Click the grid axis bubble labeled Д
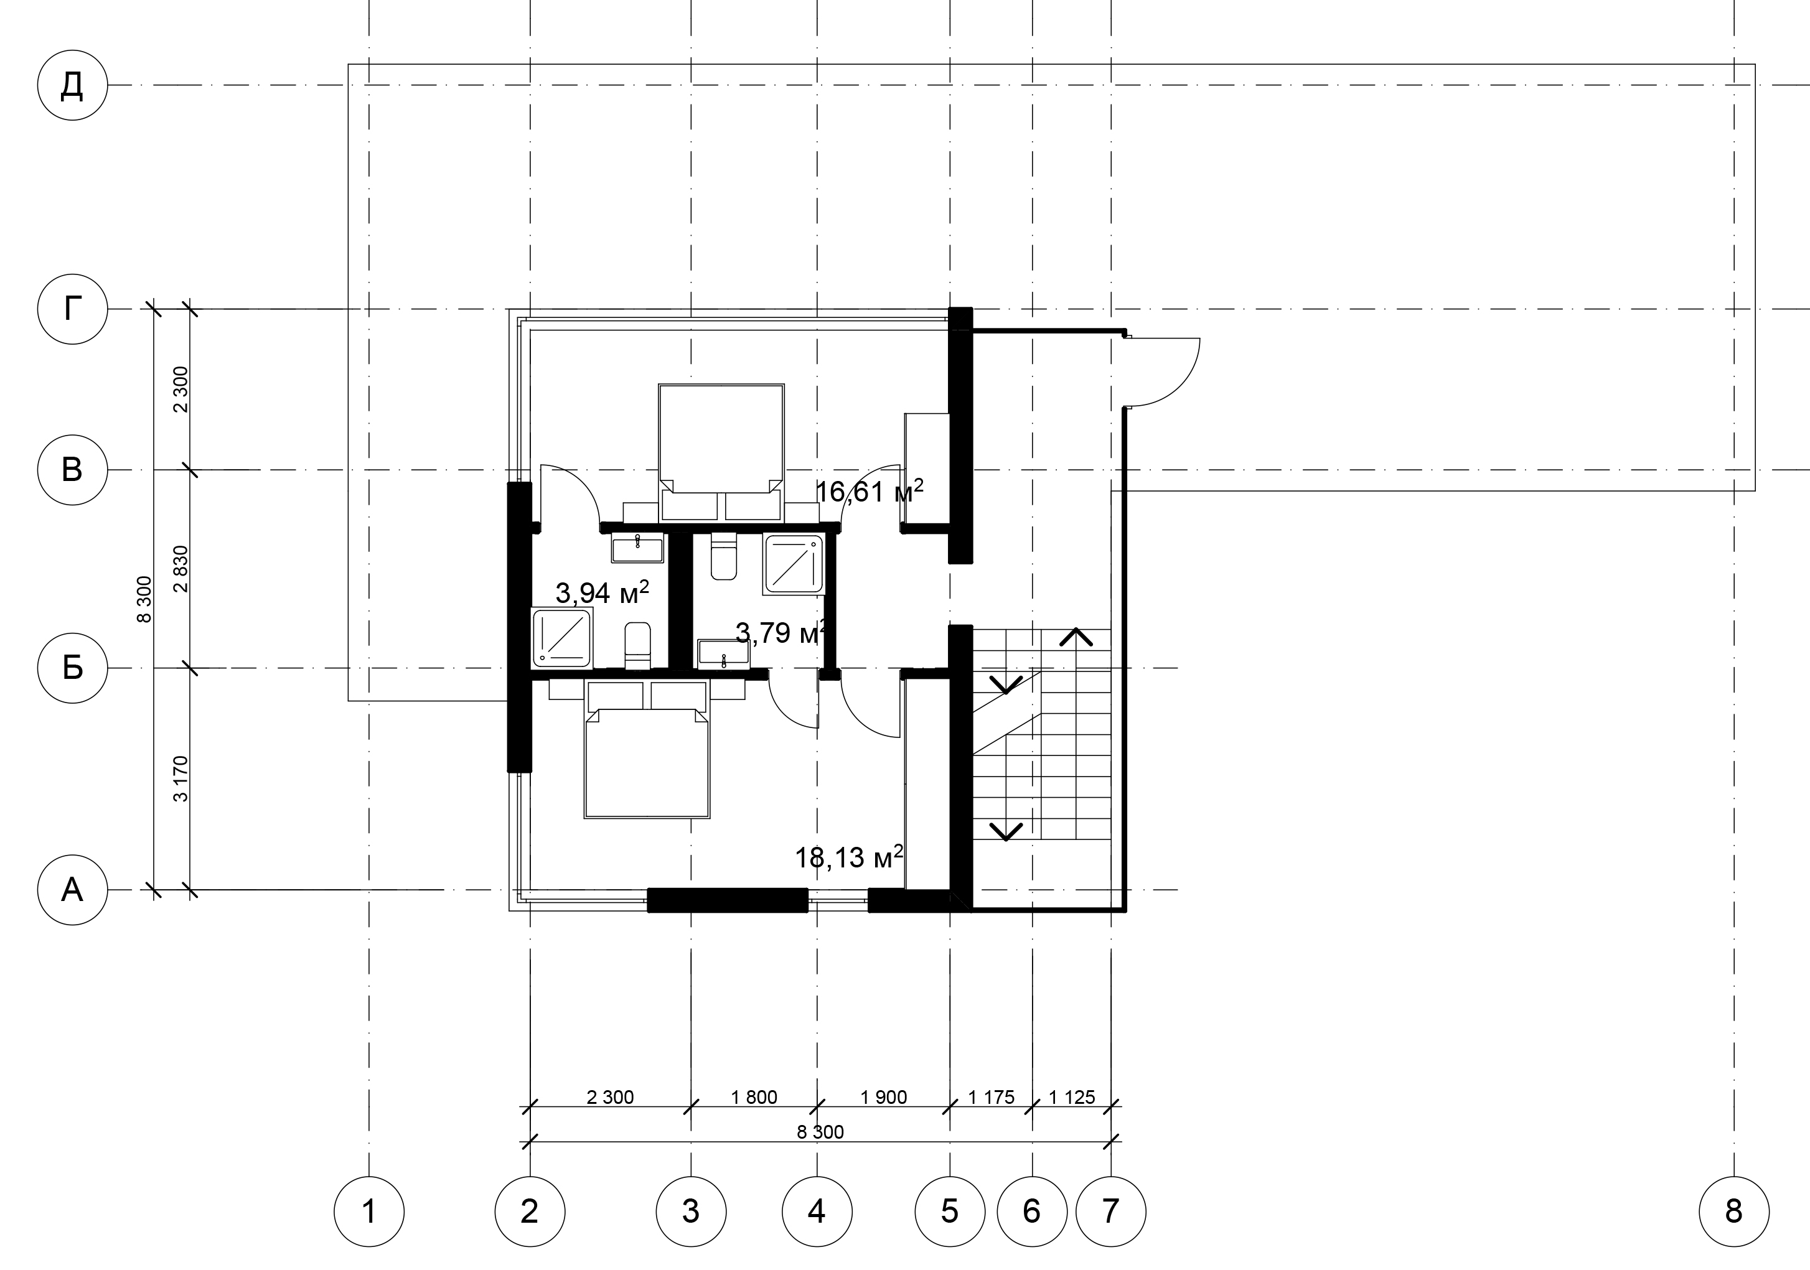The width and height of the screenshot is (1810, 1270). (72, 85)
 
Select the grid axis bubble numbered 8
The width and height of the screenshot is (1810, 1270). (1733, 1212)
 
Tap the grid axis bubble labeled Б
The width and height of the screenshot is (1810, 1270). (72, 668)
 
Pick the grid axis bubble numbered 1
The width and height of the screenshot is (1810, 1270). (369, 1212)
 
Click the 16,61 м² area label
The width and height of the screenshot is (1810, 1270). (870, 492)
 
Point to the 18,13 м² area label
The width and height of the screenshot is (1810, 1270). (849, 857)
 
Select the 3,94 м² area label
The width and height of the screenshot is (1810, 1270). (603, 592)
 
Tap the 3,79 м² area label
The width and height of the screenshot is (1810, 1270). (781, 632)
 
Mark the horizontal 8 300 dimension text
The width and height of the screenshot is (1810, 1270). (820, 1132)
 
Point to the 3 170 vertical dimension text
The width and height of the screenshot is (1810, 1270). (181, 779)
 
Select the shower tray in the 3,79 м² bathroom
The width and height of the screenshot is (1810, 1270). (793, 564)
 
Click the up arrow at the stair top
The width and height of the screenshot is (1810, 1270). (1076, 637)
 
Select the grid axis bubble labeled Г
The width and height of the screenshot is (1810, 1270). (72, 309)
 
